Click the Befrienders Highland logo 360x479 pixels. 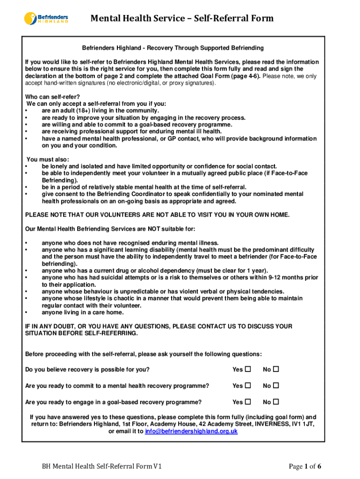46,18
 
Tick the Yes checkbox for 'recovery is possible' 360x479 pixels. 248,370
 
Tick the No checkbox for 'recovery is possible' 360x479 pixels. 276,370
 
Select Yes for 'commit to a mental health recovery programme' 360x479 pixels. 248,385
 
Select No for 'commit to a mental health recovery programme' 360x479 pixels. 276,385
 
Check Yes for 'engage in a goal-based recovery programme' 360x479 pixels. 248,402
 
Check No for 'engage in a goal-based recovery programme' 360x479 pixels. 276,402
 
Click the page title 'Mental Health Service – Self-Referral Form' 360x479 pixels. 182,18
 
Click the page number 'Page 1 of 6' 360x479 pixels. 305,466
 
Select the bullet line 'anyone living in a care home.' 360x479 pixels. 83,312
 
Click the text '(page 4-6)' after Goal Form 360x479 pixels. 246,76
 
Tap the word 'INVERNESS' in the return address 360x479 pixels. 271,424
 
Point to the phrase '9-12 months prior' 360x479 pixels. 293,277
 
